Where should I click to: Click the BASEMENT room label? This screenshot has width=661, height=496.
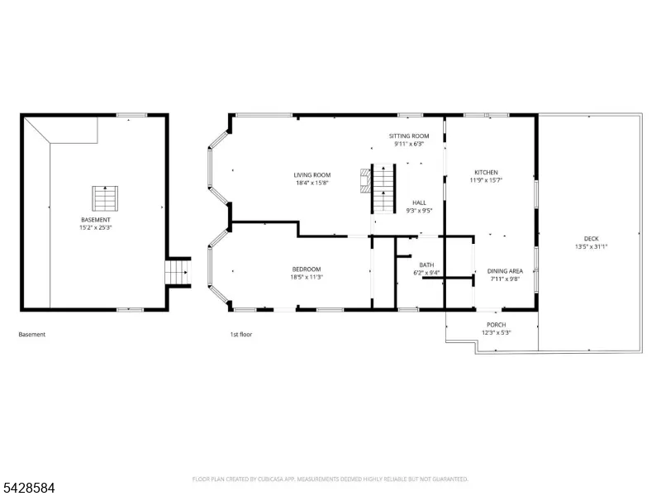(96, 220)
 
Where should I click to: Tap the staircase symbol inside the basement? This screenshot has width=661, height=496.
(105, 198)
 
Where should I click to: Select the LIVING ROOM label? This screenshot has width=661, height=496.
(312, 175)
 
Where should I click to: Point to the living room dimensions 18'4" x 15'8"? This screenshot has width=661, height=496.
(312, 183)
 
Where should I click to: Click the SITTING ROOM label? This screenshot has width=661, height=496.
(409, 136)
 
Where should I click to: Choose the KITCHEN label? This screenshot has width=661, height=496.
(486, 172)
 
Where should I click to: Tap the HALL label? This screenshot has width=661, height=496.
(419, 203)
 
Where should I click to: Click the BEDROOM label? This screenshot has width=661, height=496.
(307, 269)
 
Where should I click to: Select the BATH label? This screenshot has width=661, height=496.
(426, 265)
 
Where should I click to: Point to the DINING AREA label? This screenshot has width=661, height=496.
(505, 271)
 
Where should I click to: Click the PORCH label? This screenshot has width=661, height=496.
(497, 325)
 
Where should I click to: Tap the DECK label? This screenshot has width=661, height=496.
(591, 239)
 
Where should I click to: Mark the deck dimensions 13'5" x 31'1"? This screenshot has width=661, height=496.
(591, 246)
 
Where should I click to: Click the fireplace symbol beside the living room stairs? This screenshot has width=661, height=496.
(365, 181)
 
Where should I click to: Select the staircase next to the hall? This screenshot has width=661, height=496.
(383, 188)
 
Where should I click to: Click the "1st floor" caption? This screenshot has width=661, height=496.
(240, 335)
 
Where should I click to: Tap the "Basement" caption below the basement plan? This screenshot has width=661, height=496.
(31, 335)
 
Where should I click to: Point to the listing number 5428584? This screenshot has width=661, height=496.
(27, 488)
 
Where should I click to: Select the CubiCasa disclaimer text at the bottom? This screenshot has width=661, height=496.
(330, 479)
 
